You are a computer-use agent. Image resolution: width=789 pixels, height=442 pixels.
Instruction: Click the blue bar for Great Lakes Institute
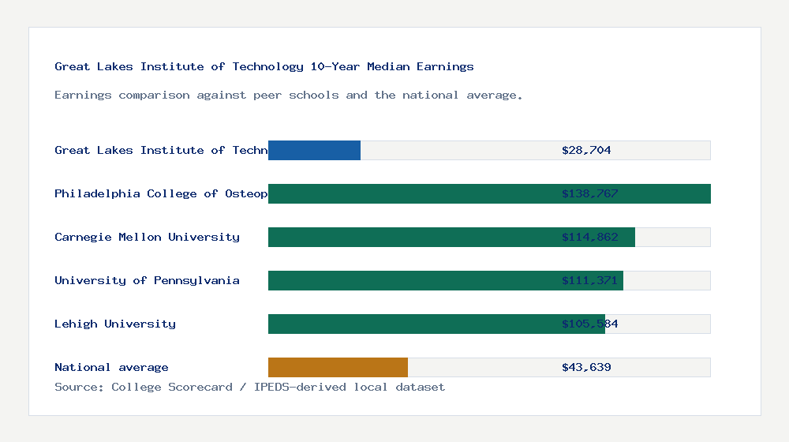(x=314, y=150)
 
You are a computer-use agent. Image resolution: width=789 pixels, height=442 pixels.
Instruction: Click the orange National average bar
(x=338, y=367)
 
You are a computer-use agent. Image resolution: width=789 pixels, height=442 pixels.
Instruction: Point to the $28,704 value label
(x=586, y=150)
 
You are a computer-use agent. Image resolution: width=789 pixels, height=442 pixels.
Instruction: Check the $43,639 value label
(x=586, y=367)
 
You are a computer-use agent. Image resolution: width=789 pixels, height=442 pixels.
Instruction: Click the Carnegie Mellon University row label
(x=147, y=237)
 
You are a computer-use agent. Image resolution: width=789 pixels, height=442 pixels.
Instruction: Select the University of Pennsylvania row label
(x=147, y=280)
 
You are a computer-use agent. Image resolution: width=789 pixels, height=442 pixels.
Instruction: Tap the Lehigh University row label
(x=115, y=324)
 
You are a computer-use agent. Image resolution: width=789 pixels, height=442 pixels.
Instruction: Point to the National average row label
(x=111, y=367)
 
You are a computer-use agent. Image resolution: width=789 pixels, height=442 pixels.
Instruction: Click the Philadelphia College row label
(x=161, y=193)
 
